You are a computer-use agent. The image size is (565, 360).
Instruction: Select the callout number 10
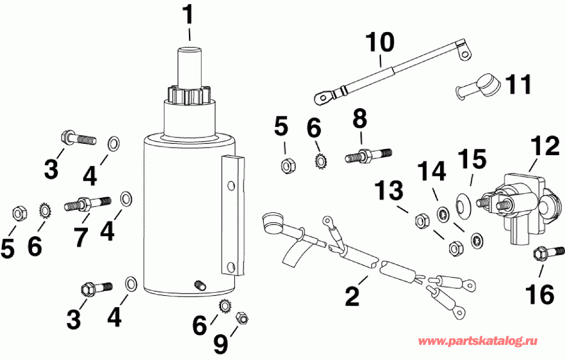[x=381, y=43]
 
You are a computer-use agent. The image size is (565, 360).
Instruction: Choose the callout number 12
[x=543, y=147]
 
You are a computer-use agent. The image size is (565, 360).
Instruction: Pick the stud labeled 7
[x=88, y=204]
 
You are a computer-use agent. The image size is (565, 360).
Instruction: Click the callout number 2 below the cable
[x=352, y=295]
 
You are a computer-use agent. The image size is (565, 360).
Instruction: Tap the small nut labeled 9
[x=240, y=318]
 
